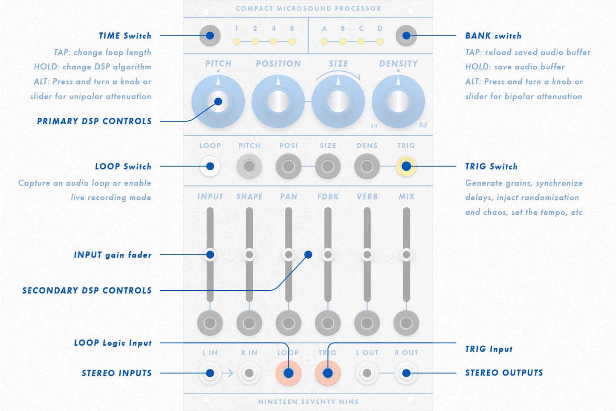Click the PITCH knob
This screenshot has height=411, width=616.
point(218,102)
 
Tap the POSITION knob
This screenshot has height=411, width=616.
point(278,102)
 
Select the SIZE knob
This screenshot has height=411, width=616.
point(338,102)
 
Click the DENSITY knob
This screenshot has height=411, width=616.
point(398,102)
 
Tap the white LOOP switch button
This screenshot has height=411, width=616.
point(210,166)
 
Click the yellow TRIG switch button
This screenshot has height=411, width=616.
point(406,166)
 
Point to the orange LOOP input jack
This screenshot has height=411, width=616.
point(289,373)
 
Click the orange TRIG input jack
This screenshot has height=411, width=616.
point(327,373)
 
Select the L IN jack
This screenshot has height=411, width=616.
point(210,373)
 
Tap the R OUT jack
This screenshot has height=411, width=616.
point(406,373)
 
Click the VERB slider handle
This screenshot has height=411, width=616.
point(367,255)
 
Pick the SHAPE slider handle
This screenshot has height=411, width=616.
point(249,255)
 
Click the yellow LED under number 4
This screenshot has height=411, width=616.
point(274,42)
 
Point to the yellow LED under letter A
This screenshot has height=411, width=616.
point(324,42)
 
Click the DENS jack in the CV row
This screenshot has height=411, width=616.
point(367,166)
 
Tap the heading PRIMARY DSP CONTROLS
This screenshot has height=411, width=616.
point(94,121)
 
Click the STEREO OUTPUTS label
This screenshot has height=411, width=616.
point(504,373)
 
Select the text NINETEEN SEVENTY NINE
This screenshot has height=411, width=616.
point(308,402)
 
